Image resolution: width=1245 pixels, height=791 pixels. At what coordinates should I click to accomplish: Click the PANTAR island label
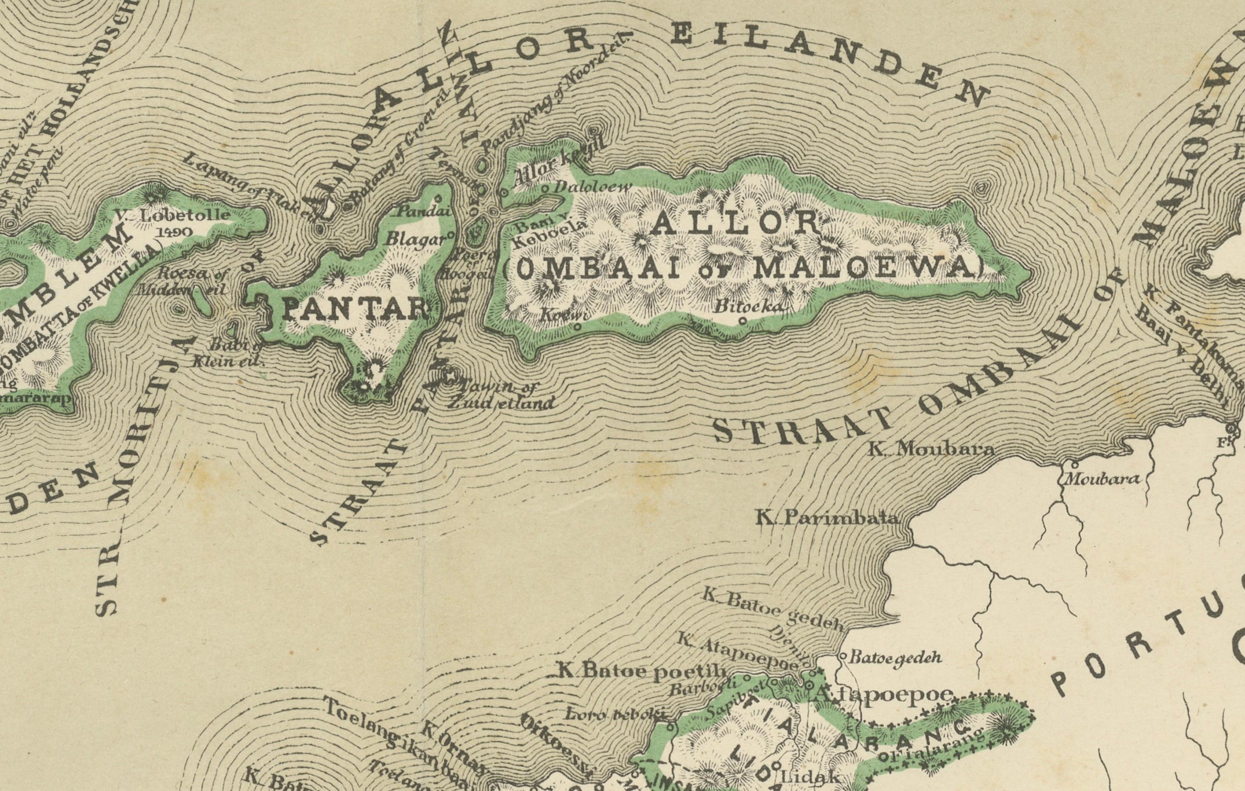tap(356, 310)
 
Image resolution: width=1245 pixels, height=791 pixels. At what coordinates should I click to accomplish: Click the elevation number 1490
tap(174, 231)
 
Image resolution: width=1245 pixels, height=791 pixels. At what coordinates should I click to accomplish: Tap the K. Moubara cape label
tap(930, 448)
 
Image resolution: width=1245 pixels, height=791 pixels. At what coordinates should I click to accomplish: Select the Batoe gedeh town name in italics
tap(896, 657)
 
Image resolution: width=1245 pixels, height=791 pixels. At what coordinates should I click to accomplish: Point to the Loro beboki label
tap(613, 714)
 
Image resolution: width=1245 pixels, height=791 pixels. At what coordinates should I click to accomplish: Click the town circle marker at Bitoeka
tap(743, 321)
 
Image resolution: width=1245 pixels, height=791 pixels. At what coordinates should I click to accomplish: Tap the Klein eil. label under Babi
tap(227, 361)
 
